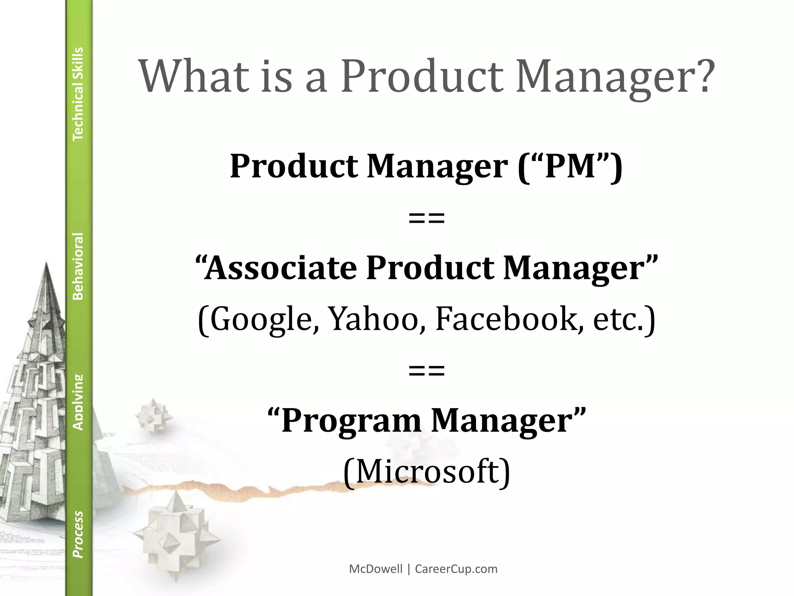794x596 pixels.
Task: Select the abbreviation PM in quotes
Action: pos(570,166)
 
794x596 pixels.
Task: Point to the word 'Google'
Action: pos(261,319)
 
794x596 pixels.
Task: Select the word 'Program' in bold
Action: pos(351,421)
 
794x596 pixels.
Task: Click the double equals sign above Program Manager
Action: pos(426,371)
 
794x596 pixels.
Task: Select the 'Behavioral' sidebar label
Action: pos(78,266)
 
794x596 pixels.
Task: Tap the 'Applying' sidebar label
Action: pos(78,402)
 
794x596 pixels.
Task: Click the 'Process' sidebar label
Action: pos(78,534)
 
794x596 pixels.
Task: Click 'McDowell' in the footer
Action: pos(376,569)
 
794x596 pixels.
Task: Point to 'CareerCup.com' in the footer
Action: pos(456,569)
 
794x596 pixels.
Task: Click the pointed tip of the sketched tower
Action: pos(47,264)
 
